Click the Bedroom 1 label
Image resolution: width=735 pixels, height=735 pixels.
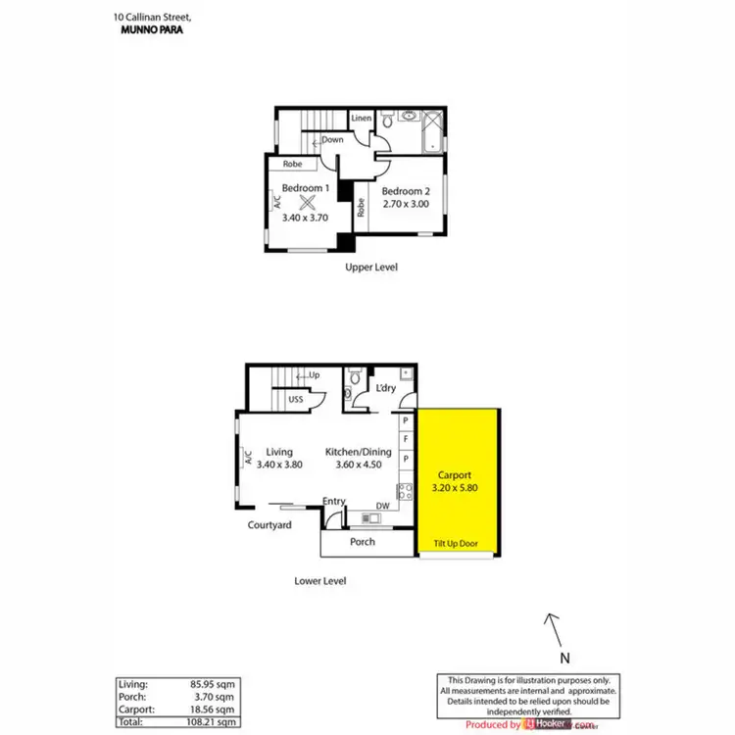coord(304,188)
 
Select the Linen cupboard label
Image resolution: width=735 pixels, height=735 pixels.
coord(362,119)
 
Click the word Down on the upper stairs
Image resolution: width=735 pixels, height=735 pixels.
coord(332,140)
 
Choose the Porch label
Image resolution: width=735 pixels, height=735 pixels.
coord(363,542)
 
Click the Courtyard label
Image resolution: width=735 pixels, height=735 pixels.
coord(269,526)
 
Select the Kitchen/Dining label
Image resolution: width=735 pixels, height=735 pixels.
coord(359,452)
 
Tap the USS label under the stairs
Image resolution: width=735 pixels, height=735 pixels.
coord(295,399)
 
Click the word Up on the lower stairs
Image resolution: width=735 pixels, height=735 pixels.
coord(315,375)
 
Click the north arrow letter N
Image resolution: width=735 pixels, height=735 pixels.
coord(563,660)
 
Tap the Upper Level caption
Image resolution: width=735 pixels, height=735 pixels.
coord(370,268)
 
